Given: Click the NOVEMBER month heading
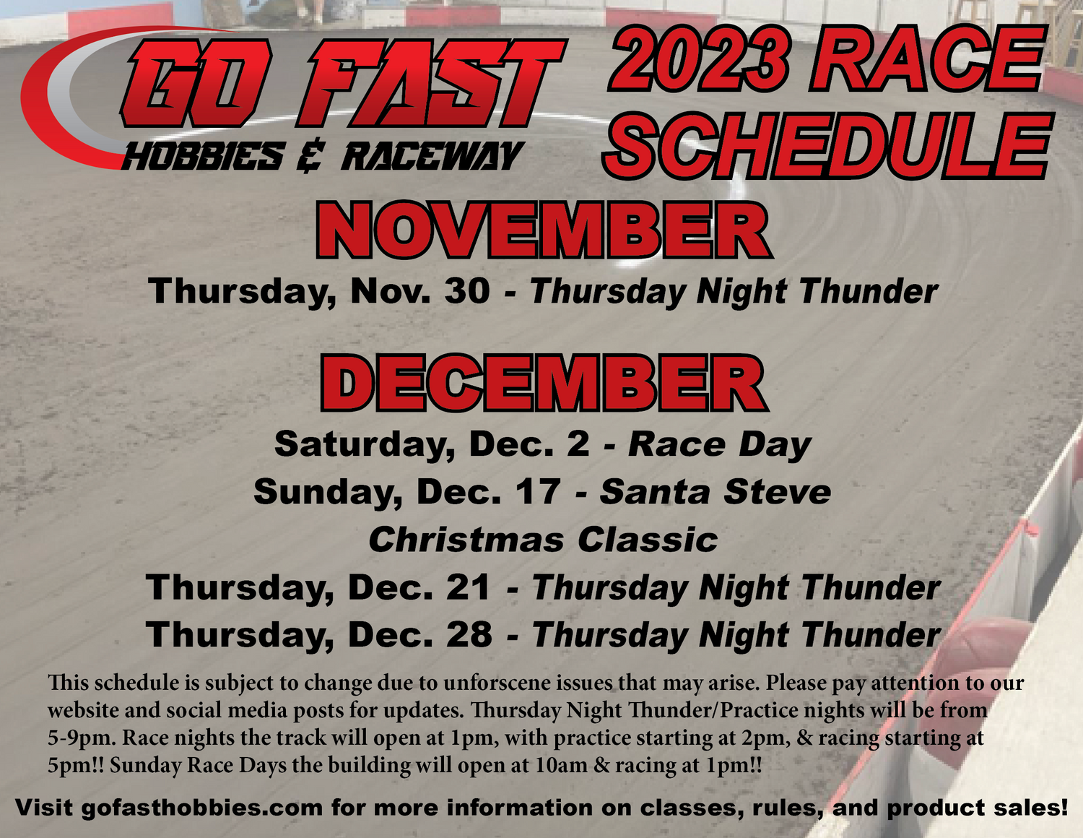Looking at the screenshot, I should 544,230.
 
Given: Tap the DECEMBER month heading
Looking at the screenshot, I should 544,383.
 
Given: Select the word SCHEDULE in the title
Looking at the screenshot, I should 826,144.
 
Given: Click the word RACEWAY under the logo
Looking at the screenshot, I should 430,157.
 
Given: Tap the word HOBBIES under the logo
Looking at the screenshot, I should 203,157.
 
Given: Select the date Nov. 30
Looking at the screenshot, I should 419,291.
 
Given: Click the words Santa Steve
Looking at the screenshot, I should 716,492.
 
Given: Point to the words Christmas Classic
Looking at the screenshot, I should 543,540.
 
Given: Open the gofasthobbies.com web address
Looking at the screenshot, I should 202,807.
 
